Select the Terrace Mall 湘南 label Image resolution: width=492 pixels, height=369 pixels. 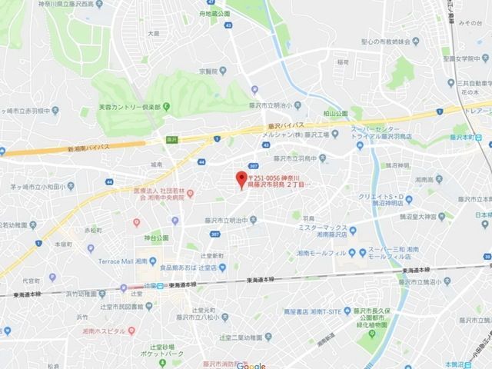[x=127, y=261]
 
